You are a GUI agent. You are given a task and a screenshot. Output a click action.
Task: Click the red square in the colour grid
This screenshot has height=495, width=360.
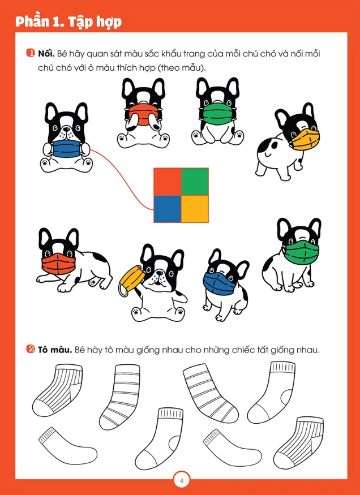(168, 182)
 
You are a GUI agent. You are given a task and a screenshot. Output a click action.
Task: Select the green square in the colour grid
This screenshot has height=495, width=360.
(195, 182)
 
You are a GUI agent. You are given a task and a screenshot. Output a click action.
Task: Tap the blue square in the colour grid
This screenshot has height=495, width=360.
(168, 209)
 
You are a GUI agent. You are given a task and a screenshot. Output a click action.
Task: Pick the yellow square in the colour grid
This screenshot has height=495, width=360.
(195, 209)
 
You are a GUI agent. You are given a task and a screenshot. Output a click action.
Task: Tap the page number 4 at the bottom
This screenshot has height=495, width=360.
(181, 481)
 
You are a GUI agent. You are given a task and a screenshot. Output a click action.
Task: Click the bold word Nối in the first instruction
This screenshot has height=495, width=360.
(46, 53)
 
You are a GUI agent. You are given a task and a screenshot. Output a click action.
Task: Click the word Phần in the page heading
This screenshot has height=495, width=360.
(34, 22)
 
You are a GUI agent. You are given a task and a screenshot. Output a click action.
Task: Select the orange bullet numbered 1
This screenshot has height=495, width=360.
(31, 53)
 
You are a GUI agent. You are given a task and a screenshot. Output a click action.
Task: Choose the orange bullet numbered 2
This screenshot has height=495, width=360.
(31, 350)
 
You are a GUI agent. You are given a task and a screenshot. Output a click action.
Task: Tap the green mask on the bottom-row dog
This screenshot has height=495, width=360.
(301, 253)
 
